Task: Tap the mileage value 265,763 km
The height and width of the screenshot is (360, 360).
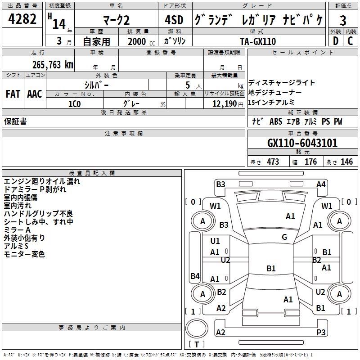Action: click(53, 64)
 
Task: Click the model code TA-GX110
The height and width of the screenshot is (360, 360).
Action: click(258, 41)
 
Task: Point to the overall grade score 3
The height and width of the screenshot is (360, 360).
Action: click(343, 21)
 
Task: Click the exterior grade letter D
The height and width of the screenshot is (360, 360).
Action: click(335, 41)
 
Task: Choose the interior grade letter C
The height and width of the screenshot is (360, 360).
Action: click(350, 41)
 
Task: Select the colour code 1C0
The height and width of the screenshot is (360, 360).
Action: click(74, 103)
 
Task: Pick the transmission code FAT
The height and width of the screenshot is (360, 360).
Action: click(13, 94)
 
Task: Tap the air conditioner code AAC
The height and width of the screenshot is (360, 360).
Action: click(35, 94)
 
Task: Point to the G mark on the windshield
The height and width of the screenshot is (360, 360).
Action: click(284, 237)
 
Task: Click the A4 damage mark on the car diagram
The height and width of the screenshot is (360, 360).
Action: click(320, 184)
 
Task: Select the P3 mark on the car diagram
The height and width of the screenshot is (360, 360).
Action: click(320, 332)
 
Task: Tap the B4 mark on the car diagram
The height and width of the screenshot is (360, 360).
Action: click(194, 276)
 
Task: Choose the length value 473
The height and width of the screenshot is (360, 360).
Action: click(273, 162)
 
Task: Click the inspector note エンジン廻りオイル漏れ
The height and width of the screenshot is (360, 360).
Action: click(42, 181)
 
